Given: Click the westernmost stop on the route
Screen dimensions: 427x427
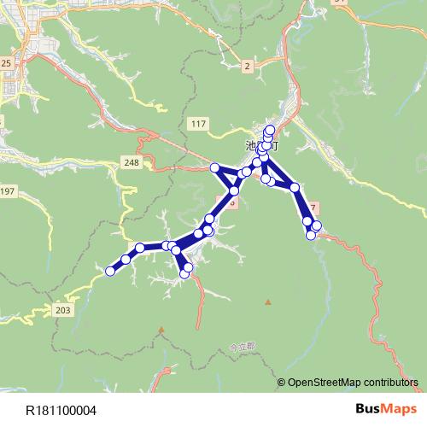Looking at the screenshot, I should [110, 272].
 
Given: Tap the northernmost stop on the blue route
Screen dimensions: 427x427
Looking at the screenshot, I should [271, 130].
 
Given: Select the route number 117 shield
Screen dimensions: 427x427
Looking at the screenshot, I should [199, 125].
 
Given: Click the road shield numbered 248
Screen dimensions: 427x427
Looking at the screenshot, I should [132, 162].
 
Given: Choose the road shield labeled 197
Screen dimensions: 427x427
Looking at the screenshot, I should [8, 189].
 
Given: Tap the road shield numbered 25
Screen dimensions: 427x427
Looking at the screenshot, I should [6, 63].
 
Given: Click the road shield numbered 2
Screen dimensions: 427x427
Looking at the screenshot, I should [247, 66].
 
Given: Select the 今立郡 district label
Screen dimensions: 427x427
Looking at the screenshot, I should [243, 347].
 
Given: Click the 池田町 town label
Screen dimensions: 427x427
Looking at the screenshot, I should [261, 146].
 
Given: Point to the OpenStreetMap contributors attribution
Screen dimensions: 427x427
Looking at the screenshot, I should [353, 382].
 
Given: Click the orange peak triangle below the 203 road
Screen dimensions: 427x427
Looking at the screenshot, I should [161, 329].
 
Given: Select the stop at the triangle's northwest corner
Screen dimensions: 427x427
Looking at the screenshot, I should [215, 167].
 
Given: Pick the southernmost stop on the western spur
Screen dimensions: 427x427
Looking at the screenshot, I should [187, 275].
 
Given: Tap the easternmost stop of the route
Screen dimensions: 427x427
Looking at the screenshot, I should [317, 225].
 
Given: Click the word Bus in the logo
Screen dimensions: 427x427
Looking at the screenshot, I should [367, 410].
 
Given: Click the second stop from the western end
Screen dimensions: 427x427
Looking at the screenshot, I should [126, 259].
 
